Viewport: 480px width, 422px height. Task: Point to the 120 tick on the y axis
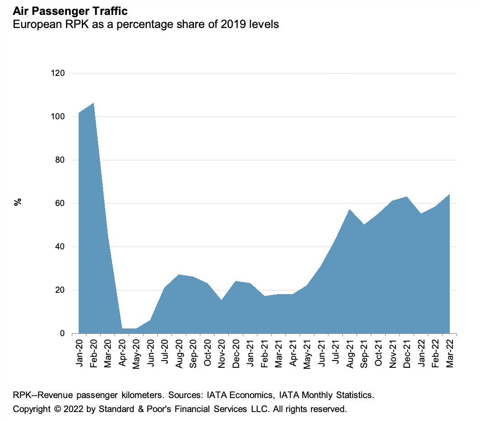click(57, 73)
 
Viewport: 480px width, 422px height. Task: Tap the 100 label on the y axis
click(57, 117)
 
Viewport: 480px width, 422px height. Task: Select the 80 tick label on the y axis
click(60, 160)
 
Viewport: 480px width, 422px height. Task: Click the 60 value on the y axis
click(60, 203)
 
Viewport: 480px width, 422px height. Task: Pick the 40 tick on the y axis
click(60, 247)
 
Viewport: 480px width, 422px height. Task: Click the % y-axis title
click(19, 202)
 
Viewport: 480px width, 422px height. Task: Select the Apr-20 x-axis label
click(122, 352)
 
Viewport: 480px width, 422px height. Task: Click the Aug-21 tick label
click(349, 352)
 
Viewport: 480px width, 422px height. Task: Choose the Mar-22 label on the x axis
click(450, 352)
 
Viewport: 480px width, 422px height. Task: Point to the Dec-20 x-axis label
click(236, 352)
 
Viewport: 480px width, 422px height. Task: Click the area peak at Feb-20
click(93, 103)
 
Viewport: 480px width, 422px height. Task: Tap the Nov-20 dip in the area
click(221, 300)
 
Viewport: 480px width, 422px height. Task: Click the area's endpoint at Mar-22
click(449, 195)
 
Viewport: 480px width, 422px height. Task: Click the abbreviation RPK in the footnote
click(22, 395)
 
